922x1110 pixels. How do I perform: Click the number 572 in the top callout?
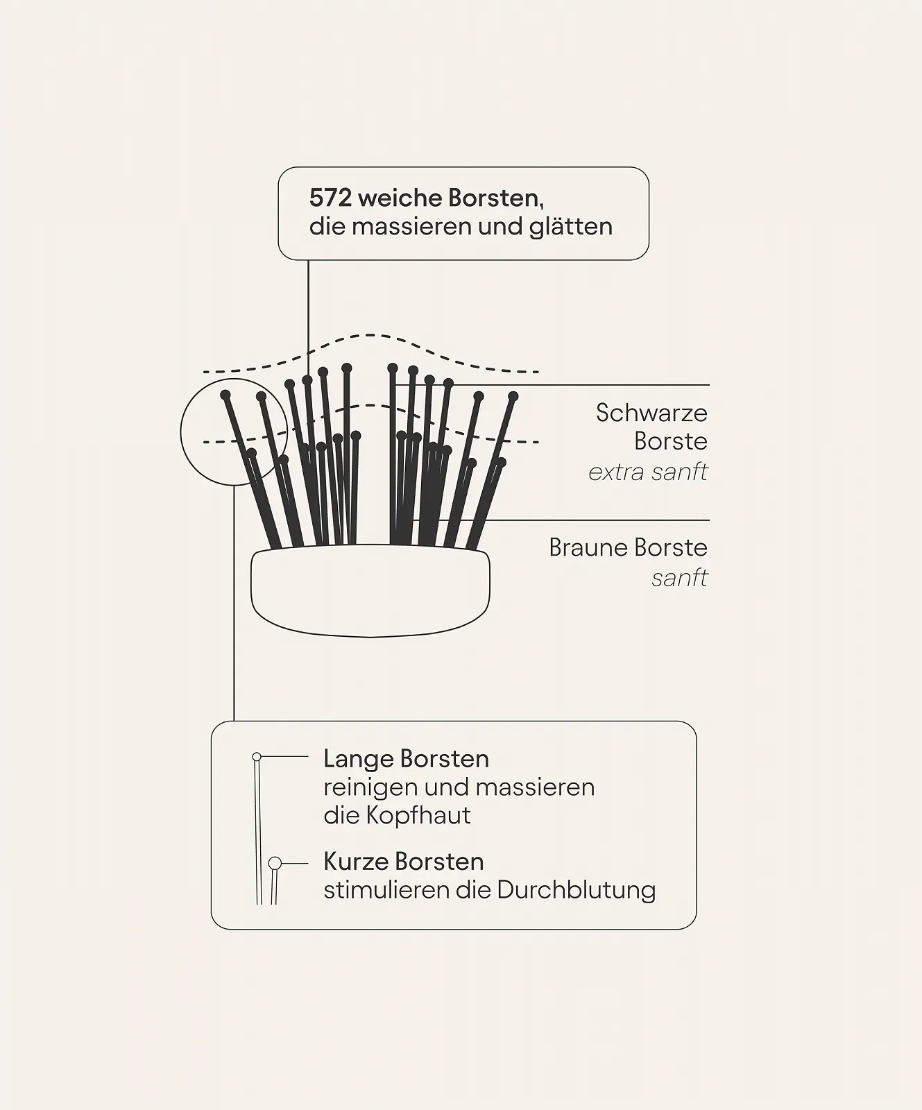coord(330,198)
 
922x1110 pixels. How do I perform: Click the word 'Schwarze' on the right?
coord(651,413)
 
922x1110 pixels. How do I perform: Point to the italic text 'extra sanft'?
coord(648,472)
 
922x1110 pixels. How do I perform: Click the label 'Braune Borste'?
coord(628,547)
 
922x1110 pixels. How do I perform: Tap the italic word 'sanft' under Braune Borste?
coord(679,578)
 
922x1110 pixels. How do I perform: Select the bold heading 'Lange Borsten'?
coord(406,759)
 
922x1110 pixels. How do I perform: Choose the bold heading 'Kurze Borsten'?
coord(403,862)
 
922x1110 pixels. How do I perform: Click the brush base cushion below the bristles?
coord(370,591)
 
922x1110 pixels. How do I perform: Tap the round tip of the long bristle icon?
coord(257,756)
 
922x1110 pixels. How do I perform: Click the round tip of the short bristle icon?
coord(275,863)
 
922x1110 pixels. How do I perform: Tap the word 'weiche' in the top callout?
coord(400,198)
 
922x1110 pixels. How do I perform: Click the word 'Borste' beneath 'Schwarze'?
coord(670,441)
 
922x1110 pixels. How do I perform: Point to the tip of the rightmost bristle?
coord(513,396)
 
